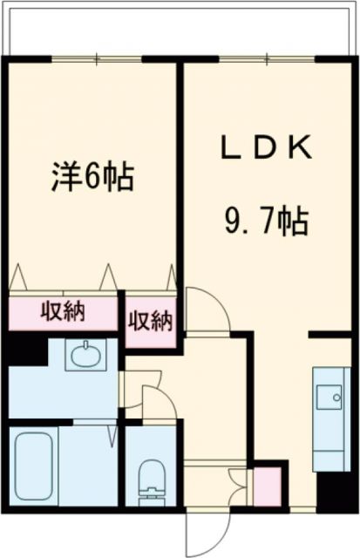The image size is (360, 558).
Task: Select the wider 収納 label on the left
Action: [63, 311]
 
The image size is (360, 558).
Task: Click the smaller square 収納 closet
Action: [151, 322]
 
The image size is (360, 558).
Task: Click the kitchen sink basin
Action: [332, 398]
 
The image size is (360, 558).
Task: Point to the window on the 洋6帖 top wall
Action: [96, 58]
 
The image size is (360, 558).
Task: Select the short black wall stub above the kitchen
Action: [329, 333]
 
